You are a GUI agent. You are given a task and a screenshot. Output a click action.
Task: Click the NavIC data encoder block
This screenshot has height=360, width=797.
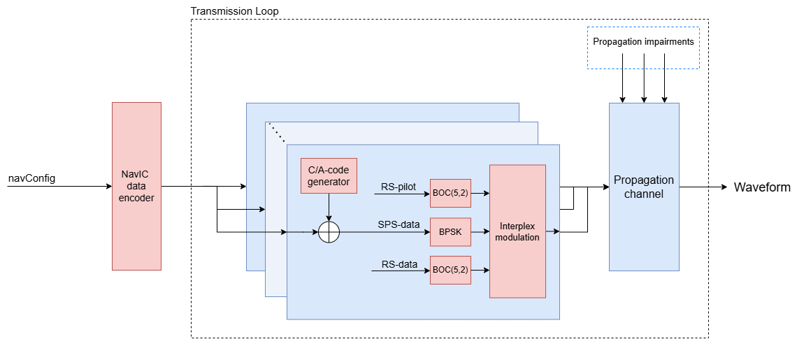(x=136, y=186)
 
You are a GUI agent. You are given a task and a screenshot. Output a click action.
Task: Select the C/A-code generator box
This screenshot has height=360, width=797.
(x=329, y=176)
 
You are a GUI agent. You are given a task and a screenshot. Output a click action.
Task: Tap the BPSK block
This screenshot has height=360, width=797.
(x=450, y=232)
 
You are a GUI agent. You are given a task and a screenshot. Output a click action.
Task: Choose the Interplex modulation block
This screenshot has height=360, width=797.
(x=517, y=231)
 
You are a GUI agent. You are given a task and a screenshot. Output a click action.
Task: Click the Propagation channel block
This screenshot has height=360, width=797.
(x=644, y=187)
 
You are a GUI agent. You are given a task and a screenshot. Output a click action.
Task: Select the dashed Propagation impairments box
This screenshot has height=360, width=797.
(x=643, y=48)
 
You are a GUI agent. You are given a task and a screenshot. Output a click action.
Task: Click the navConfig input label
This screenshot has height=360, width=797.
(x=31, y=178)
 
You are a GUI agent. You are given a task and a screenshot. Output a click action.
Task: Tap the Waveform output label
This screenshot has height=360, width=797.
(x=762, y=187)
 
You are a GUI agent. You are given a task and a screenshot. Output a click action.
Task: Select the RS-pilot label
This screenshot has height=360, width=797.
(x=398, y=187)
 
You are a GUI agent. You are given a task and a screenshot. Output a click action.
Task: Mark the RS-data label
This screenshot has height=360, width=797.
(x=399, y=264)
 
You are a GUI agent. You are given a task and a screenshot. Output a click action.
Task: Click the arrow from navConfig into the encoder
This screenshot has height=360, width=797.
(x=59, y=187)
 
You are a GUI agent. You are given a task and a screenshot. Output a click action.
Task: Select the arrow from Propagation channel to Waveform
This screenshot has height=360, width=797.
(x=703, y=187)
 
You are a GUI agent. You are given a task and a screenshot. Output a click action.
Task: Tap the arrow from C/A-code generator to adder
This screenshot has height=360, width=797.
(x=329, y=208)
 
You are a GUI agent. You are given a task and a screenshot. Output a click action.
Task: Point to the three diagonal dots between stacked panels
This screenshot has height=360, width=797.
(x=278, y=134)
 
